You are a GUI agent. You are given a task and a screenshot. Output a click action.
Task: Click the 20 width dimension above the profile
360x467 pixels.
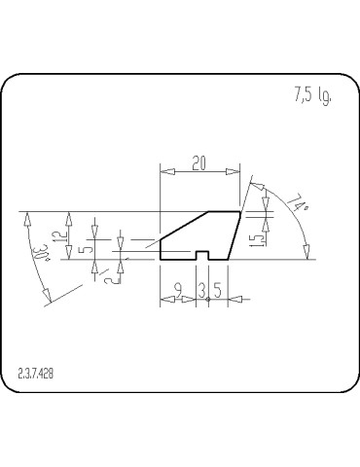199,163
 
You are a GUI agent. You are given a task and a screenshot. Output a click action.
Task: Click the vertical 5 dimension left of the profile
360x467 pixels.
87,247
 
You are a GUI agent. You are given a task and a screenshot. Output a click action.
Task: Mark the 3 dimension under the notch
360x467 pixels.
201,289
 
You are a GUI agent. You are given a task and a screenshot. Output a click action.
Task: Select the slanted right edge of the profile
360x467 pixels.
234,235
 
